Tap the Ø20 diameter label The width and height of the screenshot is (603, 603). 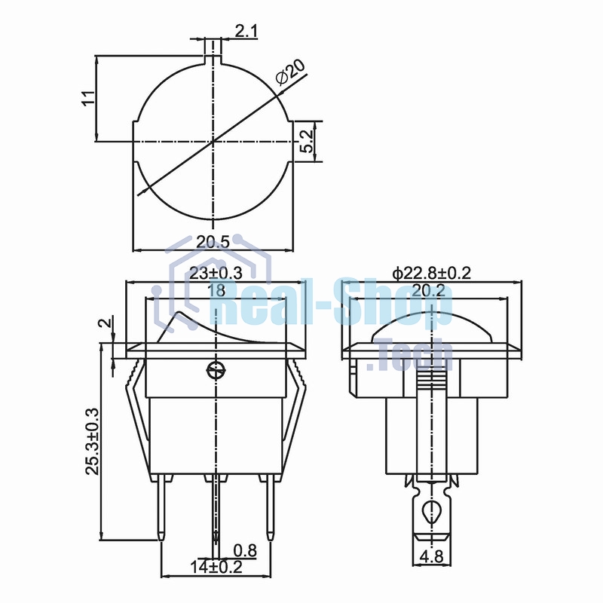pos(290,73)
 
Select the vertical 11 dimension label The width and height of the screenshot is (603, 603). pos(87,97)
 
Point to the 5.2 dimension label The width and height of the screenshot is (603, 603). pos(306,140)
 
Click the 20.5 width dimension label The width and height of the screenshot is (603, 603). pos(213,242)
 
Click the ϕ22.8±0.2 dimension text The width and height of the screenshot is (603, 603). pos(432,274)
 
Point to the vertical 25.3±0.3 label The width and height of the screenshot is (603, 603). pos(91,442)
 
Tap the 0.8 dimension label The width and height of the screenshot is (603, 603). pos(245,551)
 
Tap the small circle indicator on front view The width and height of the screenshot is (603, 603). pos(215,370)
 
